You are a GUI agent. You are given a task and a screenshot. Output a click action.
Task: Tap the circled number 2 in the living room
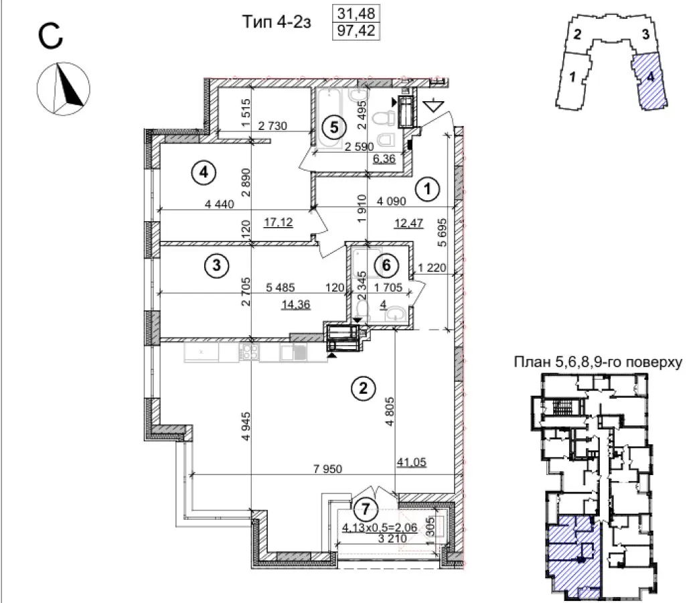363,388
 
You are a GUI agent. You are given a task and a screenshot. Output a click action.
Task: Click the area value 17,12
280,222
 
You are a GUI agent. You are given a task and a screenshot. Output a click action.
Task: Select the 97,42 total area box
356,30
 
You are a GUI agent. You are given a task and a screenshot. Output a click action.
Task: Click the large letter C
50,38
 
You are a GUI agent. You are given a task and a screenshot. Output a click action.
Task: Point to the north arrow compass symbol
64,87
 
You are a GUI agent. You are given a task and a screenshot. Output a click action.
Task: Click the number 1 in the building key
572,78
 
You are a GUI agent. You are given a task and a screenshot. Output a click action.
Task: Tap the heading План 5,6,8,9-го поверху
597,362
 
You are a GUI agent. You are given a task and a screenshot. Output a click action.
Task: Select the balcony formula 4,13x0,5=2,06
380,527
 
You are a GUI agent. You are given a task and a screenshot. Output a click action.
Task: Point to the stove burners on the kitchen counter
250,352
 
